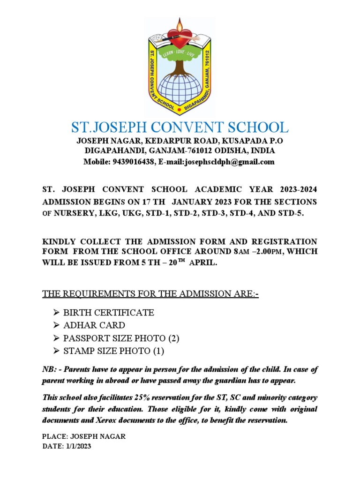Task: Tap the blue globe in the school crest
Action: (179, 89)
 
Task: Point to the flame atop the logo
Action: (180, 23)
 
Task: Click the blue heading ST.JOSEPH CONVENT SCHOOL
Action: (180, 127)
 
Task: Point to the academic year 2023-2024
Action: (298, 189)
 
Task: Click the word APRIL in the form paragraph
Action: (203, 263)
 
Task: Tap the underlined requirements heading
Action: (150, 294)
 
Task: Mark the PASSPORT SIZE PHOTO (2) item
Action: (115, 338)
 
